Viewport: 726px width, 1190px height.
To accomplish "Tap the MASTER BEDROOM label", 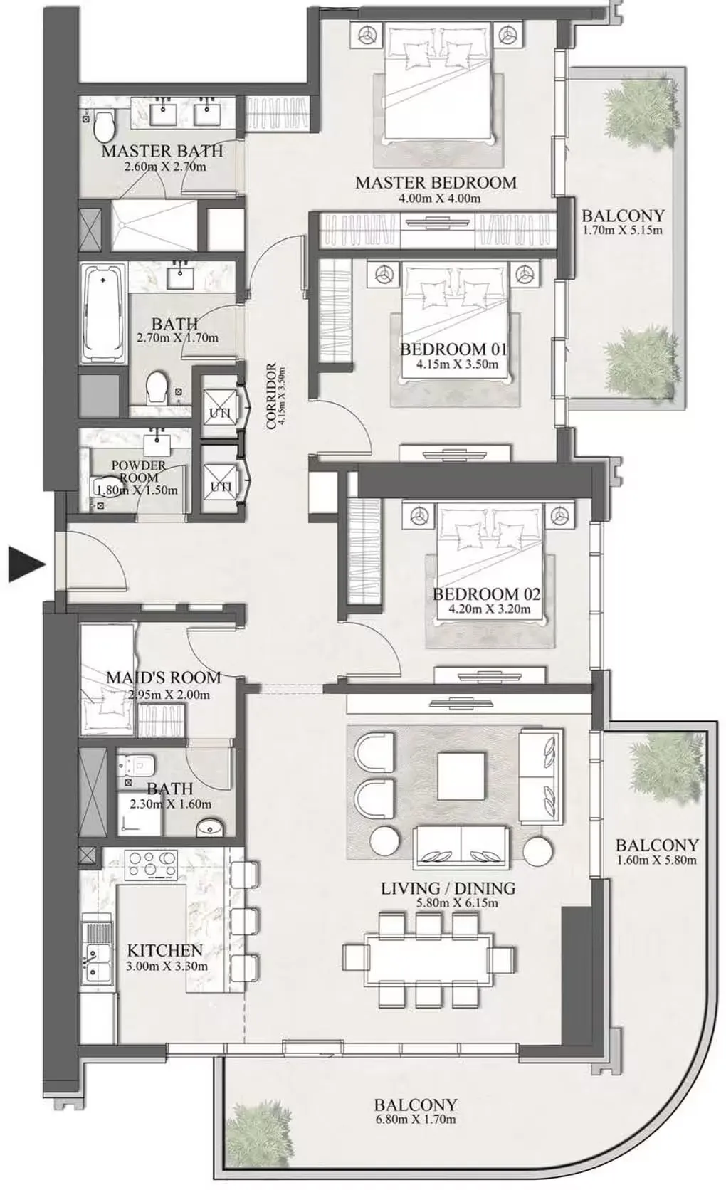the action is [436, 182].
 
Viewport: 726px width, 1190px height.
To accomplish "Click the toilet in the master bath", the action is [104, 125].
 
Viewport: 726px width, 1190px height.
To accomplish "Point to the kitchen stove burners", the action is [151, 864].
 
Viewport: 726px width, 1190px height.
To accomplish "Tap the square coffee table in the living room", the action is [461, 774].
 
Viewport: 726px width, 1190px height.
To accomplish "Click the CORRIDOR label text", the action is [271, 396].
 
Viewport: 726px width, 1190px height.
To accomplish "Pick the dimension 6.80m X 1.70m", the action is [415, 1120].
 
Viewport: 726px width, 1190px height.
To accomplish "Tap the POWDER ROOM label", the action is [139, 471].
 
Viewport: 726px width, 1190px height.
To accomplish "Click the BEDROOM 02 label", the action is [486, 594].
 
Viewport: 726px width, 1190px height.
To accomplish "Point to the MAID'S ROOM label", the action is [164, 678].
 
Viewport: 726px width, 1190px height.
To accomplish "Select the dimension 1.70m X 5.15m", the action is [622, 231].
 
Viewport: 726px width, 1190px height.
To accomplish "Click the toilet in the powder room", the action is [102, 485].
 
